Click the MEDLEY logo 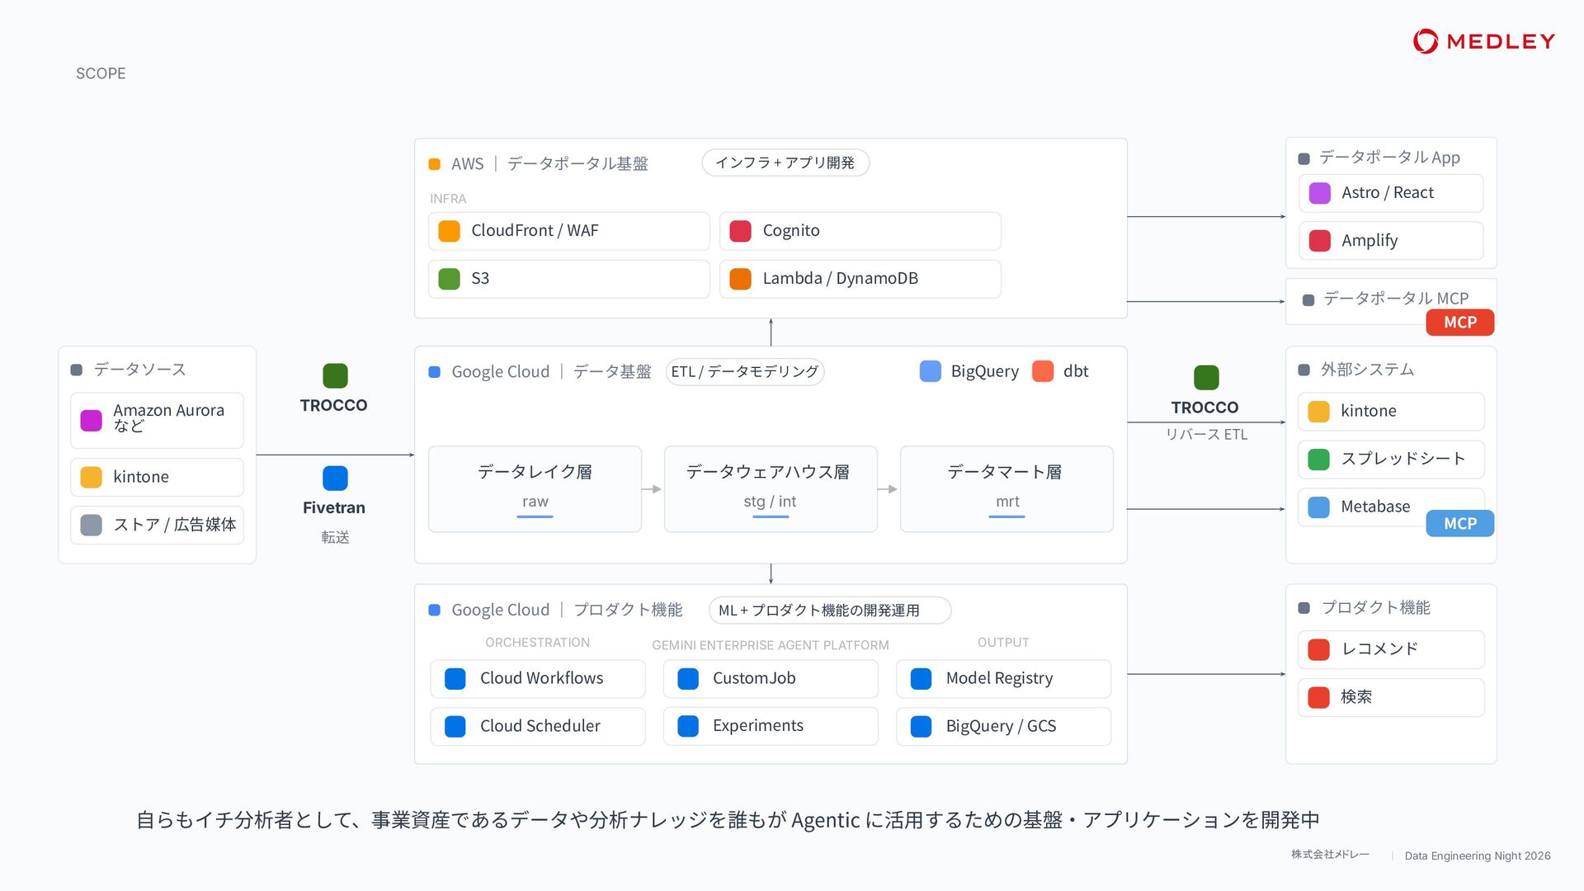[1483, 41]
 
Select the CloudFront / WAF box [568, 231]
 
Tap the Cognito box [860, 231]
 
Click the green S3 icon [449, 279]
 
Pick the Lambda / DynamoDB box [860, 279]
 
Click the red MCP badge [1460, 323]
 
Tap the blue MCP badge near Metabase [1460, 524]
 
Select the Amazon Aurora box [157, 420]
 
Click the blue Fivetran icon [335, 478]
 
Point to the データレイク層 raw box [535, 489]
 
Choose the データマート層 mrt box [1006, 489]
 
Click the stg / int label [770, 502]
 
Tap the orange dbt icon [1043, 371]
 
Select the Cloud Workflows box [538, 678]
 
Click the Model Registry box [1003, 678]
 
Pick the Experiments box [771, 726]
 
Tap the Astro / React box [1391, 193]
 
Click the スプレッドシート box [1391, 460]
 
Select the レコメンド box [1391, 649]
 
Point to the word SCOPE [101, 73]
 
